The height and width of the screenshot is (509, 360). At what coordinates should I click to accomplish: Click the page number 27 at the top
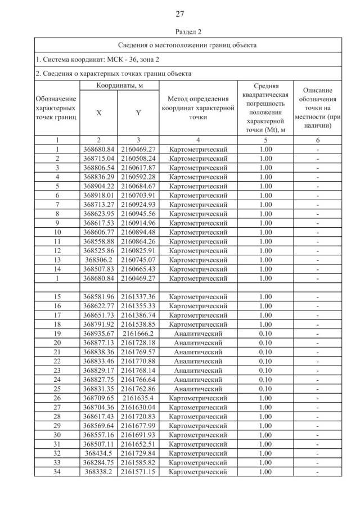pos(180,13)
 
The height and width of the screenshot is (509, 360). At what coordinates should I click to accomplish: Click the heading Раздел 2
pos(180,32)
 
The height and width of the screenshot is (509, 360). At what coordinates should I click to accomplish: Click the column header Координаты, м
pos(119,85)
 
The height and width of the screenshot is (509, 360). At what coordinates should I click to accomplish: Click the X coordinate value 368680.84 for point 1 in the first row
pos(99,150)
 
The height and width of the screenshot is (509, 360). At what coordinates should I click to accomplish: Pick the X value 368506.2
pos(99,260)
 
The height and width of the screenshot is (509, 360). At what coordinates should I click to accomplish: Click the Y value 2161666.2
pos(138,334)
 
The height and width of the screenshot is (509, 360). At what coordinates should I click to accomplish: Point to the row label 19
pos(57,334)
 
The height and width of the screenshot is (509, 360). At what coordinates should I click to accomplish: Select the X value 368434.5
pos(99,453)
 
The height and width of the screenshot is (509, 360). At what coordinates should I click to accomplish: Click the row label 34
pos(57,472)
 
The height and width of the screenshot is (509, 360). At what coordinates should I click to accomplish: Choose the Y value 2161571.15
pos(138,472)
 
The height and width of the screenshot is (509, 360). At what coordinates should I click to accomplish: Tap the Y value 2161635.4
pos(138,397)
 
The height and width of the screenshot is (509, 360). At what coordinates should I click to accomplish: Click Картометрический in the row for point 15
pos(198,297)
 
